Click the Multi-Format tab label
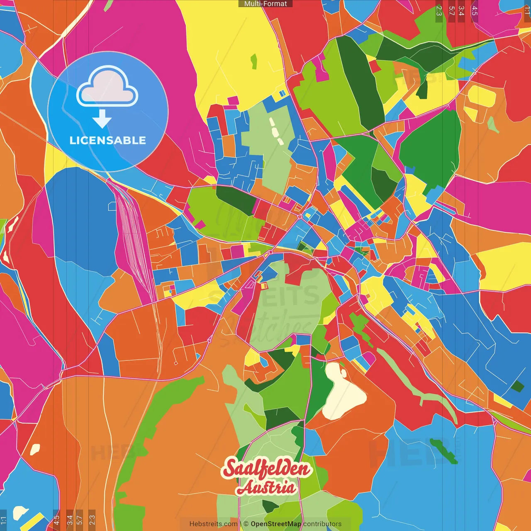(265, 4)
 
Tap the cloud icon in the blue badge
(107, 86)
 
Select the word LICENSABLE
(108, 141)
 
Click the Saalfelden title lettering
(266, 469)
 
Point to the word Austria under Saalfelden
(266, 488)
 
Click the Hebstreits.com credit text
(213, 524)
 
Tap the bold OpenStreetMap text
(276, 524)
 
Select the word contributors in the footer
(322, 524)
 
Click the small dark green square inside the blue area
(517, 386)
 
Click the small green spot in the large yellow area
(253, 61)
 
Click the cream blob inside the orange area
(35, 449)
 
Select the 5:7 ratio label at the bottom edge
(79, 519)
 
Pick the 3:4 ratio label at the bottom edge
(70, 519)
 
